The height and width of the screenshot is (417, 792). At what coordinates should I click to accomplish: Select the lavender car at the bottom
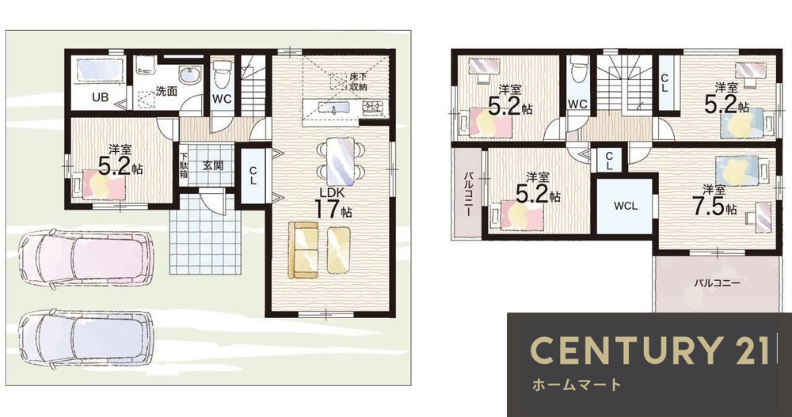tap(84, 338)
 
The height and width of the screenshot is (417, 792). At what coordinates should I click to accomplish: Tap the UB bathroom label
tap(100, 98)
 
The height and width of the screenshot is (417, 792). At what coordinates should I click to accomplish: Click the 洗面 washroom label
tap(166, 91)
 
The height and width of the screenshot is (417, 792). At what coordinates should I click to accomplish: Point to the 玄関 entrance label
tap(212, 165)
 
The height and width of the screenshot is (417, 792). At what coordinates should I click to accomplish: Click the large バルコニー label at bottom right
tap(717, 282)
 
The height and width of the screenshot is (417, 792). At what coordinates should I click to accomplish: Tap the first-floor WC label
tap(222, 99)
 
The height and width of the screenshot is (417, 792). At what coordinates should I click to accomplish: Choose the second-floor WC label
tap(577, 104)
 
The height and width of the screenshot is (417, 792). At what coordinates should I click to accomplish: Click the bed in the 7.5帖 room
tap(736, 170)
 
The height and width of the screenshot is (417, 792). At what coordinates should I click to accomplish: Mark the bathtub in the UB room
tap(99, 72)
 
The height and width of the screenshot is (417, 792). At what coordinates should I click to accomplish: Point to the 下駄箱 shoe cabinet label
tap(184, 166)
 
